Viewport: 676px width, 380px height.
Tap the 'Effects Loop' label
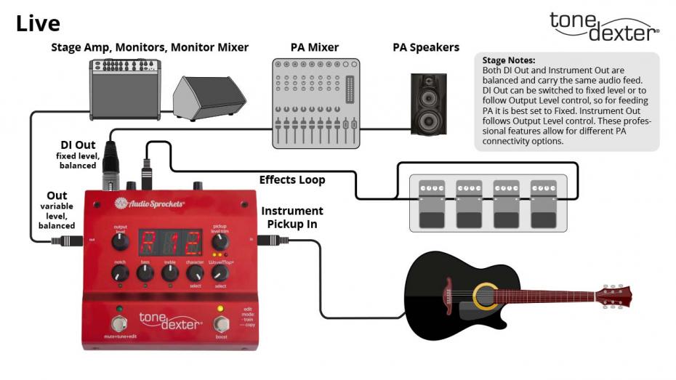click(292, 179)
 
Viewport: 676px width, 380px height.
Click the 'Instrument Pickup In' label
click(292, 217)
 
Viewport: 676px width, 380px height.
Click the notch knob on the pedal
click(119, 274)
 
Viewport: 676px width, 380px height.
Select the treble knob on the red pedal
click(169, 273)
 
